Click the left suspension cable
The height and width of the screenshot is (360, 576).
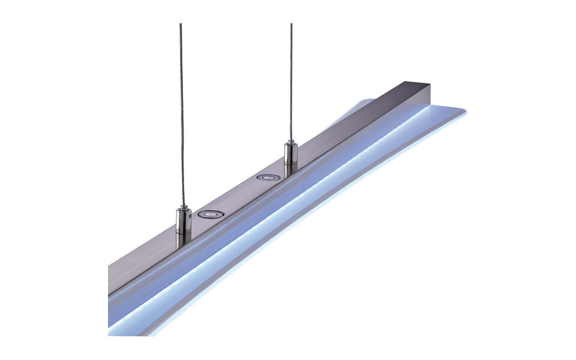pos(181,120)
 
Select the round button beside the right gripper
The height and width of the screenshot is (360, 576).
pos(268,178)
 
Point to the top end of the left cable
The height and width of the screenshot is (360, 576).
pos(180,25)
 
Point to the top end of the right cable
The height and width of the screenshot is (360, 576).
pos(291,25)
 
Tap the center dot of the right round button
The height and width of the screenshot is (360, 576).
pos(268,178)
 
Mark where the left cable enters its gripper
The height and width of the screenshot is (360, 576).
pos(182,208)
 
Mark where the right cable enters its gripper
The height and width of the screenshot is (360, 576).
pos(290,142)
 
